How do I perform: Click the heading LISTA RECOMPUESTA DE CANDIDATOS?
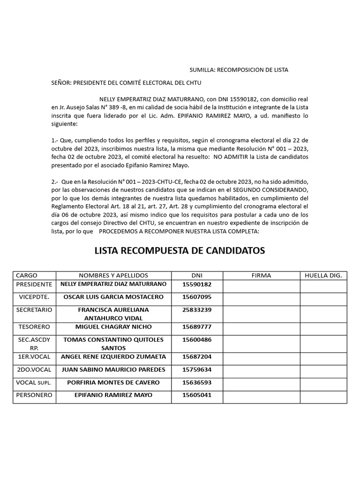click(180, 251)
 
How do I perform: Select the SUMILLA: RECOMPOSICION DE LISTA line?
click(239, 70)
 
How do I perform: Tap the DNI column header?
click(197, 276)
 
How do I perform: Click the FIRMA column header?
click(261, 276)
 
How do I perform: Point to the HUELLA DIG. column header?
click(323, 276)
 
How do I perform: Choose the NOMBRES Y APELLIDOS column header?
click(113, 276)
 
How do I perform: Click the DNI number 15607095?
click(197, 297)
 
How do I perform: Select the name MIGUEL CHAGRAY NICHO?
click(113, 327)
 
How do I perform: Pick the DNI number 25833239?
click(197, 310)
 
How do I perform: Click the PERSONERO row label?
click(34, 395)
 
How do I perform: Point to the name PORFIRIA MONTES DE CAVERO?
click(113, 382)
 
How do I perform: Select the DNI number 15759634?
click(197, 370)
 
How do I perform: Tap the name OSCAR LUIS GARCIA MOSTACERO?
click(113, 297)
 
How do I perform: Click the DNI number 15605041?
click(197, 395)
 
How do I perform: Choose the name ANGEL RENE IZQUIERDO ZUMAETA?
click(113, 357)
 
